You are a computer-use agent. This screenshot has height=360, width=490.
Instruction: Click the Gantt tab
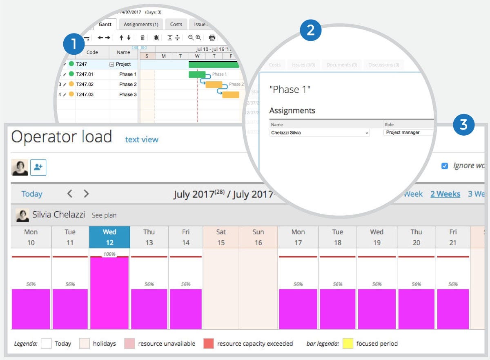point(105,25)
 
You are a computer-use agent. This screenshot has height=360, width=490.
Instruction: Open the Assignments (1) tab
point(141,25)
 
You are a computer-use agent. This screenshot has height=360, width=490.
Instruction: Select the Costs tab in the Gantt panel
point(176,25)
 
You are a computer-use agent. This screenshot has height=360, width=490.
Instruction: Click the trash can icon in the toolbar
point(143,38)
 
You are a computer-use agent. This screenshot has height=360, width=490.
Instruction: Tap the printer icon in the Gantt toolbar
point(212,38)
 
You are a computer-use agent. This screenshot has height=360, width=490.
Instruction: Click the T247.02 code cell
point(85,84)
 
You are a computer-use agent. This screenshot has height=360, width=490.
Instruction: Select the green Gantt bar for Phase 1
point(197,74)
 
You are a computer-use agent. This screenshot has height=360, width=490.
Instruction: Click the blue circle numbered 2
point(310,31)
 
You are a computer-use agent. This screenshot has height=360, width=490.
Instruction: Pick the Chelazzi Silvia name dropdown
point(319,133)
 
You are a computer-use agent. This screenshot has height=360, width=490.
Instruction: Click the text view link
point(142,140)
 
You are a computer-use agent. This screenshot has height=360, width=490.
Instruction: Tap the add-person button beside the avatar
point(38,167)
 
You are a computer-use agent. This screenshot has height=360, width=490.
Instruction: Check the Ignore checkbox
point(445,166)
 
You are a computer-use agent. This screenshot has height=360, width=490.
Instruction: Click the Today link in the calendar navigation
point(32,194)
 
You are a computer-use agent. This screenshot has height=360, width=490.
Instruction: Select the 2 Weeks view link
point(445,194)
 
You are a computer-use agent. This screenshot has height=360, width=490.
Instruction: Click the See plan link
point(104,215)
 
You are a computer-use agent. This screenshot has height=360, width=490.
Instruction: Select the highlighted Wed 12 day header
point(109,237)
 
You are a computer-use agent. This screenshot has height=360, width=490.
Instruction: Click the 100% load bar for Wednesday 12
point(109,293)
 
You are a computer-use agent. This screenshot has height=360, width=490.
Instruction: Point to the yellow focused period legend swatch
point(347,344)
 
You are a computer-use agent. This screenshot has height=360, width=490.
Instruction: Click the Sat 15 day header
point(221,237)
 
